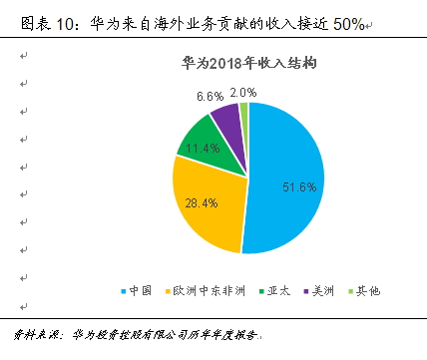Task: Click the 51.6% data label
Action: (x=299, y=186)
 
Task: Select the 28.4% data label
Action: (x=200, y=202)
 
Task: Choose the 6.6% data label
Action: (x=210, y=97)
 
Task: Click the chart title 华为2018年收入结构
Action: (x=251, y=62)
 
